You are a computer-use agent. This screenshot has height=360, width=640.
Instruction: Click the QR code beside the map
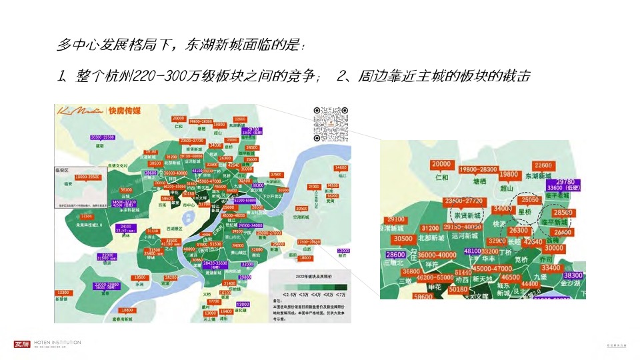click(332, 124)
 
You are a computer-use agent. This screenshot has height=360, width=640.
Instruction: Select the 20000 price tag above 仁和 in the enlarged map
click(441, 165)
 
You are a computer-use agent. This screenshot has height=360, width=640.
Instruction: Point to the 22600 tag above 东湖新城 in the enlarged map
click(543, 165)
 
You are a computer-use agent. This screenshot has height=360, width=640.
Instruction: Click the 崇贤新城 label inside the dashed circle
click(464, 216)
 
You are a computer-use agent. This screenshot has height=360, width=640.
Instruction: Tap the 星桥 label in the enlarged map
click(525, 212)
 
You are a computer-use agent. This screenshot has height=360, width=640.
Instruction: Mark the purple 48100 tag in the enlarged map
click(472, 251)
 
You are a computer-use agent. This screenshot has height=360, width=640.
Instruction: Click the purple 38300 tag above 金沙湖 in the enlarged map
click(573, 275)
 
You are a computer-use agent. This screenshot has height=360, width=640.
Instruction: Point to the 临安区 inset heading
click(62, 171)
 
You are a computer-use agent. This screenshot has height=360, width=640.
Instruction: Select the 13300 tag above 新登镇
click(63, 293)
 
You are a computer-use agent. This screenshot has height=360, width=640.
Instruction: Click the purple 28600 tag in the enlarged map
click(395, 255)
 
